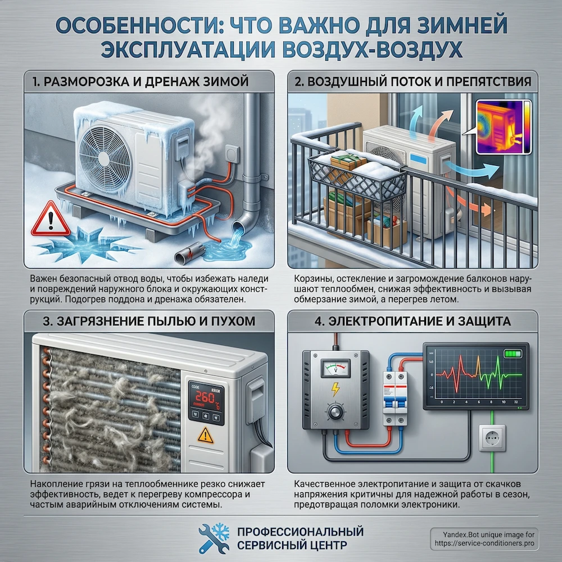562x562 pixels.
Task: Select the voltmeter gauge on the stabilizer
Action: (x=336, y=369)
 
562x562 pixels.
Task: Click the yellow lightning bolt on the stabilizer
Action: (x=335, y=389)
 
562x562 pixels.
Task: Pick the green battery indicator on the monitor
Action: (x=512, y=354)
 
